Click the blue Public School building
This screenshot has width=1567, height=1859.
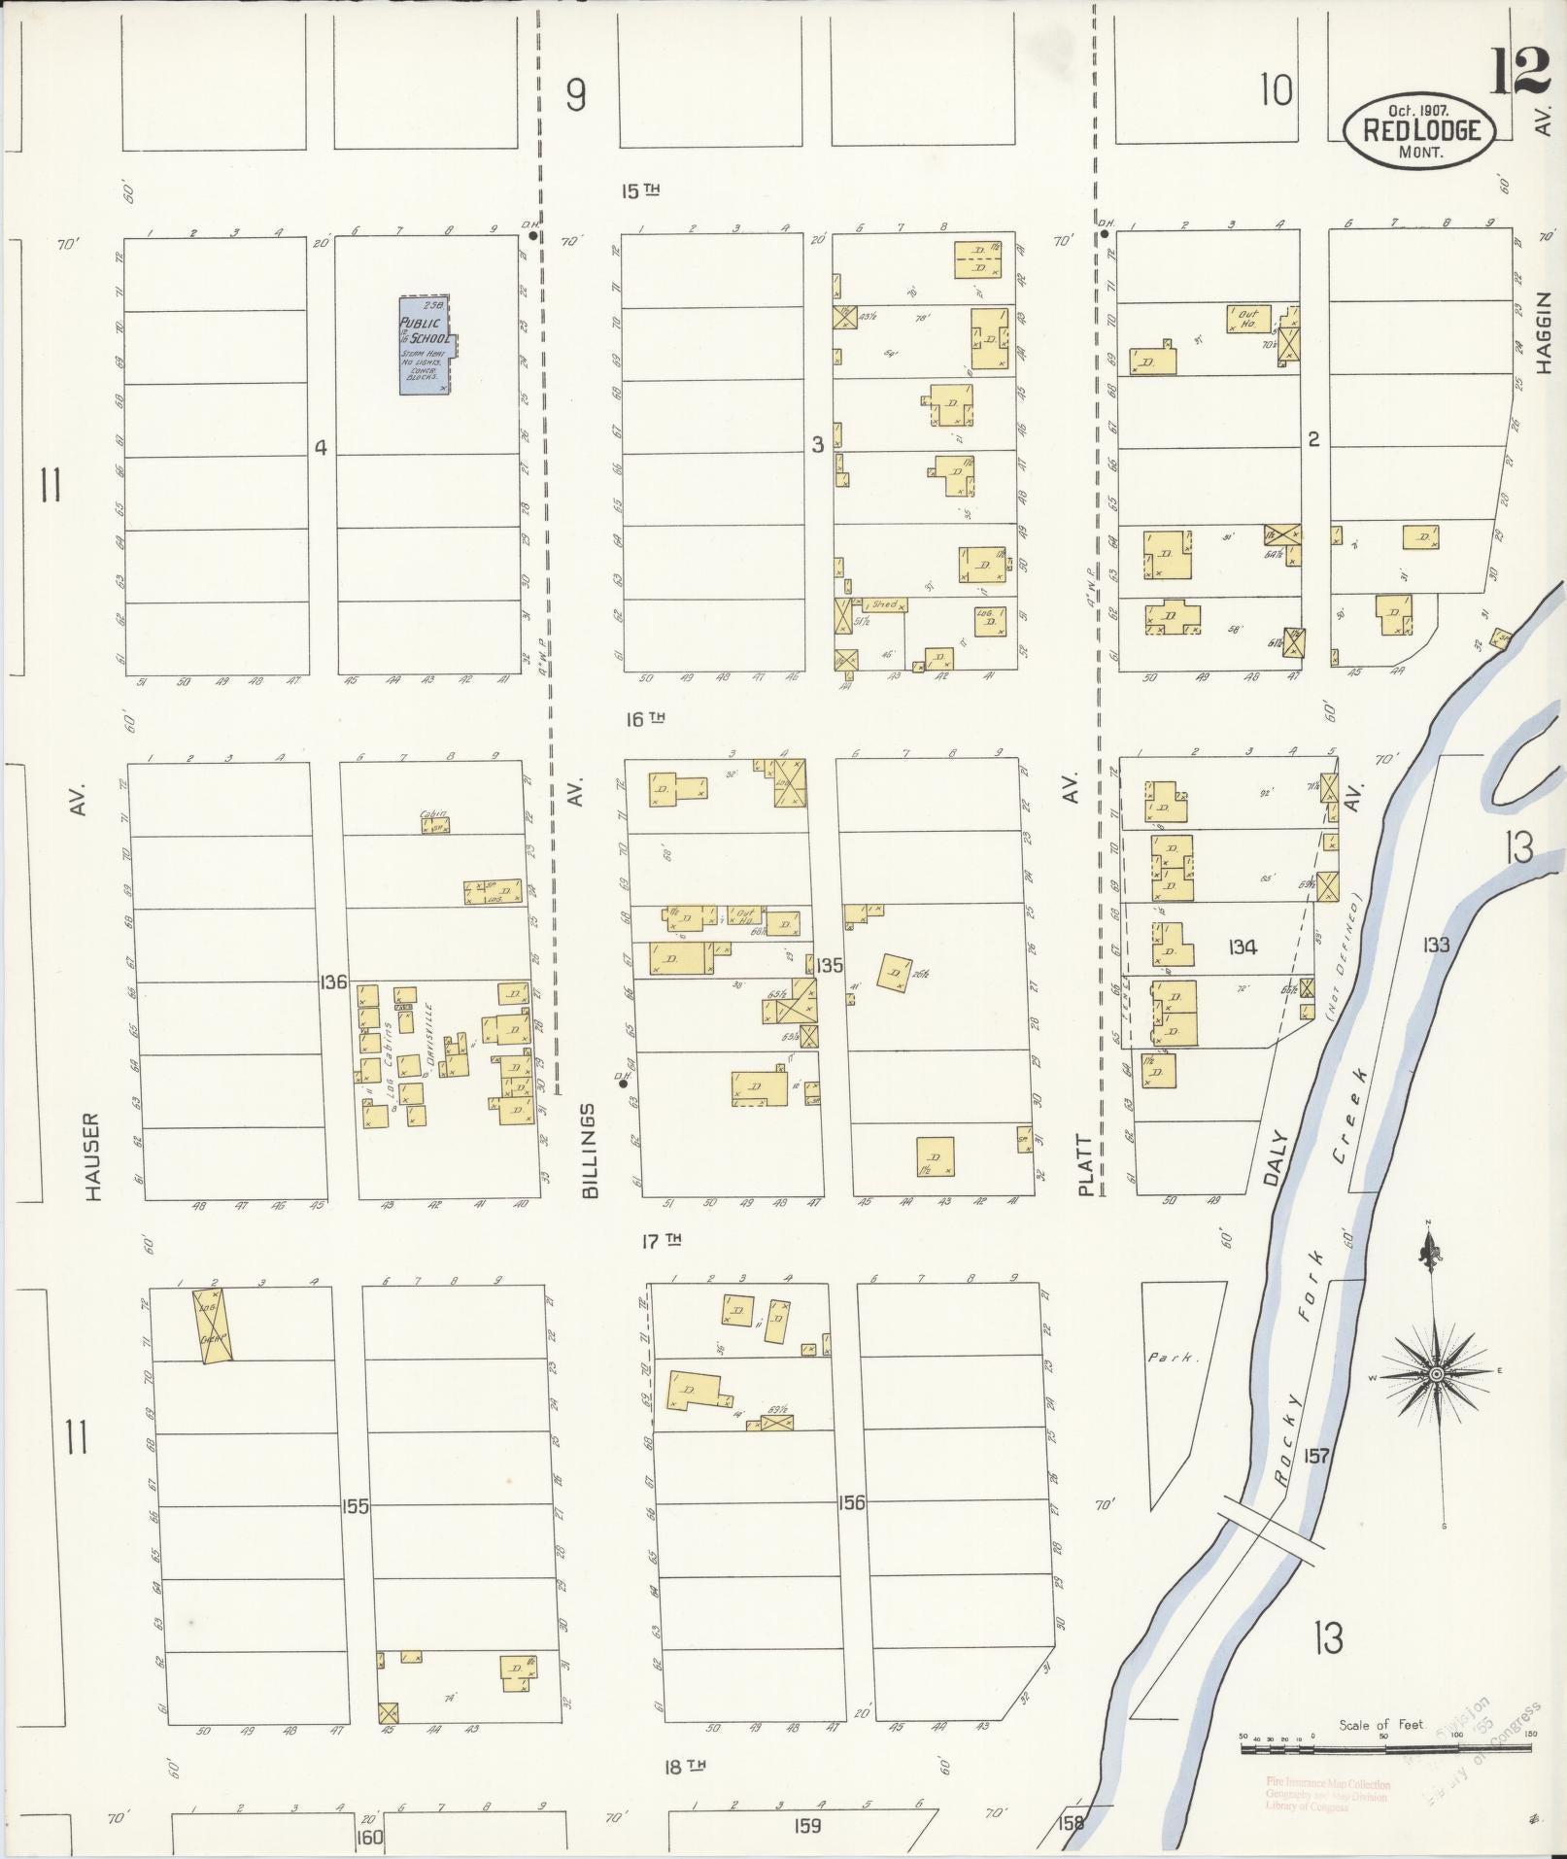click(x=426, y=344)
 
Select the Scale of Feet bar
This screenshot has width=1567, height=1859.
click(x=1384, y=1749)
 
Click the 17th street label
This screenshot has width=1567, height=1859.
click(x=662, y=1241)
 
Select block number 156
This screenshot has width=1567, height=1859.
click(x=851, y=1502)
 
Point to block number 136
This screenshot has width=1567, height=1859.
click(x=332, y=982)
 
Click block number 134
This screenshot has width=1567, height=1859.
click(x=1242, y=947)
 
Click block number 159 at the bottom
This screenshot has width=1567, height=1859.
click(x=806, y=1825)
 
